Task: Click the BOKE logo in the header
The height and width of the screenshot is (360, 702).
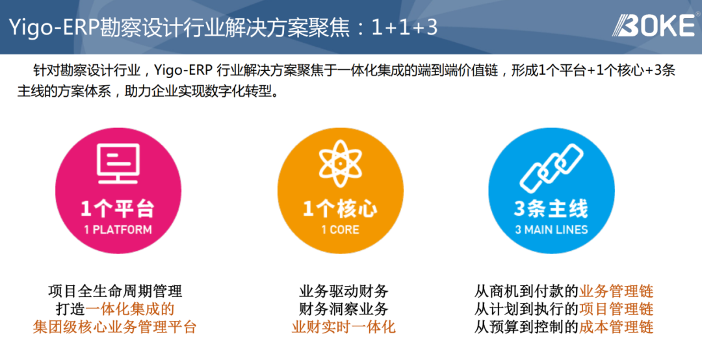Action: pyautogui.click(x=654, y=25)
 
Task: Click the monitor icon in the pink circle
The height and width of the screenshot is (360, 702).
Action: pyautogui.click(x=118, y=164)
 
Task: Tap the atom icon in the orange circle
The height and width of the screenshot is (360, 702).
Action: pyautogui.click(x=340, y=164)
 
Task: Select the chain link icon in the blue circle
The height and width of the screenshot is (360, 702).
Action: pyautogui.click(x=551, y=168)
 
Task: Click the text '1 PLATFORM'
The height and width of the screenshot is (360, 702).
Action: pyautogui.click(x=118, y=229)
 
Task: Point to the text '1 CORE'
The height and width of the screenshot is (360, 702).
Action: pyautogui.click(x=340, y=229)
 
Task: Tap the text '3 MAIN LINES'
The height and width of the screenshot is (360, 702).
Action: pyautogui.click(x=551, y=229)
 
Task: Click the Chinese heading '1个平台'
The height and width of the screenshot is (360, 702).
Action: pyautogui.click(x=118, y=209)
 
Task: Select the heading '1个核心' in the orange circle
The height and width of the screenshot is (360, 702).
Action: pyautogui.click(x=340, y=209)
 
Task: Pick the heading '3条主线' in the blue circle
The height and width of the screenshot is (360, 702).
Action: pyautogui.click(x=551, y=209)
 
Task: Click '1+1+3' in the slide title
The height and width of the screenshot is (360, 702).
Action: pyautogui.click(x=404, y=28)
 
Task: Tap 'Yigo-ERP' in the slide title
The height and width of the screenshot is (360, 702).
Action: pyautogui.click(x=54, y=28)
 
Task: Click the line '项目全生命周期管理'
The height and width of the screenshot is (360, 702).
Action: pyautogui.click(x=115, y=292)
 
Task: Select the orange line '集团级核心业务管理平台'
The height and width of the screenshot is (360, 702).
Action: pyautogui.click(x=114, y=327)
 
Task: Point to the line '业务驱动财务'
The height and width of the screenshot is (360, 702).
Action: pyautogui.click(x=343, y=292)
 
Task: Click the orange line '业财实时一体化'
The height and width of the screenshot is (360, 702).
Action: pyautogui.click(x=343, y=327)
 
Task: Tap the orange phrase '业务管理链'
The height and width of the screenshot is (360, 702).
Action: pyautogui.click(x=616, y=292)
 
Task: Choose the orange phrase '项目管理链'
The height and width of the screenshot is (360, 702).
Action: pyautogui.click(x=616, y=309)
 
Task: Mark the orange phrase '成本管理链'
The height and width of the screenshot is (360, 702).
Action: pyautogui.click(x=616, y=327)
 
